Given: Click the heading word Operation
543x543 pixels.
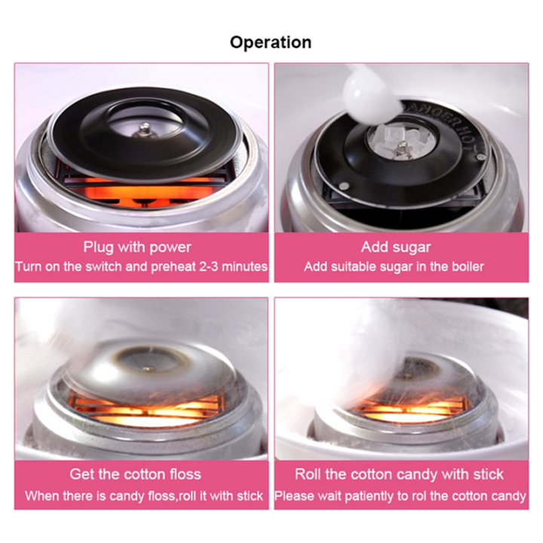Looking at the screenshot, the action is tap(271, 43).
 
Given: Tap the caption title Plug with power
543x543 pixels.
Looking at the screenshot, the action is tap(137, 247).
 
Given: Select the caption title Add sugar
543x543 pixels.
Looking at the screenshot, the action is tap(396, 247).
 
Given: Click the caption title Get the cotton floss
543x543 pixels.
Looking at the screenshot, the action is tap(135, 474).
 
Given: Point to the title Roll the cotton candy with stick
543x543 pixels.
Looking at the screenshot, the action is tap(399, 474).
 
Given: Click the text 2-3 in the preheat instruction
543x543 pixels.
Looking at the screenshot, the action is tap(209, 267).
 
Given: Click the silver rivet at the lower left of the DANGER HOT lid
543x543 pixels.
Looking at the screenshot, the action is tap(344, 186).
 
